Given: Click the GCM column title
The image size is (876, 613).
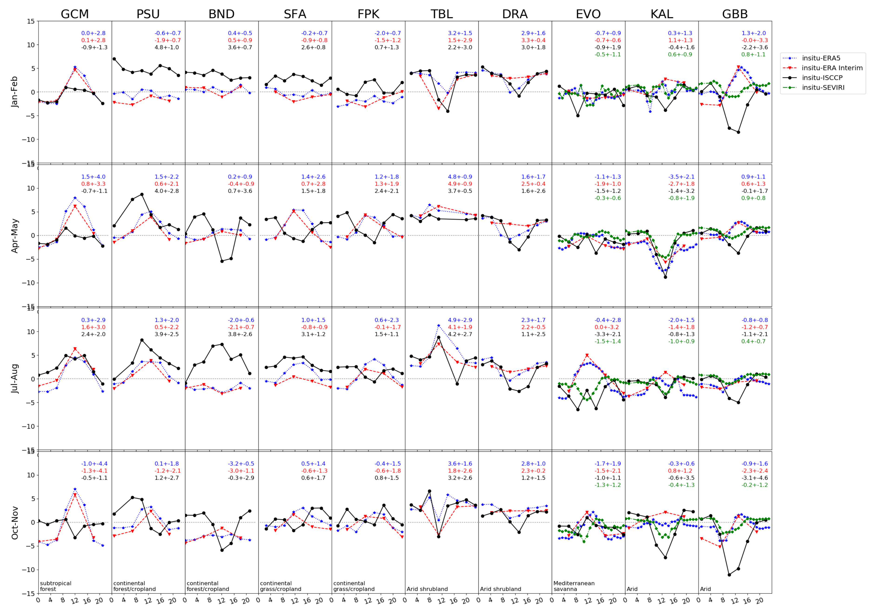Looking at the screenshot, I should (75, 14).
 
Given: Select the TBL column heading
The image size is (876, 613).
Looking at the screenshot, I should (441, 14).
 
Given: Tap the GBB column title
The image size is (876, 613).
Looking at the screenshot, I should (735, 14).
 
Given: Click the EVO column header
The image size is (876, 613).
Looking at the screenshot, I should (588, 14).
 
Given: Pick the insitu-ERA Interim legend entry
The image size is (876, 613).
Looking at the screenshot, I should (832, 68).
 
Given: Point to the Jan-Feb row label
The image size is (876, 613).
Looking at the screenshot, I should (14, 92).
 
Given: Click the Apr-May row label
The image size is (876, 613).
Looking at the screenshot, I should (14, 235).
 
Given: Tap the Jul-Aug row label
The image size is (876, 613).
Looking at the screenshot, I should (14, 379).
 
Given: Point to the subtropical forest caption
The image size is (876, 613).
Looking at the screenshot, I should (56, 586).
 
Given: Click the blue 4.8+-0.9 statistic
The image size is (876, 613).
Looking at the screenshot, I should (460, 177).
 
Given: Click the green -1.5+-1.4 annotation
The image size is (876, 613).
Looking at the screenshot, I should (607, 341).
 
